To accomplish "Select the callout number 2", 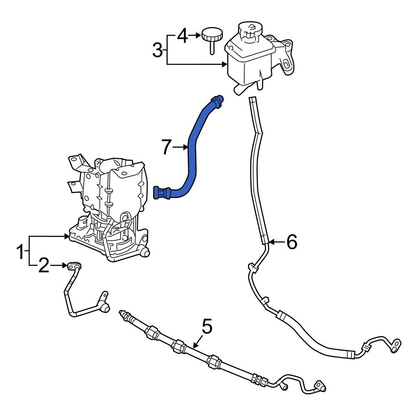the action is tap(44, 265).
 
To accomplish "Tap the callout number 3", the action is tap(158, 50).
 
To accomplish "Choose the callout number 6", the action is tap(292, 242).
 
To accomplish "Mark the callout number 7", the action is tap(166, 147).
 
